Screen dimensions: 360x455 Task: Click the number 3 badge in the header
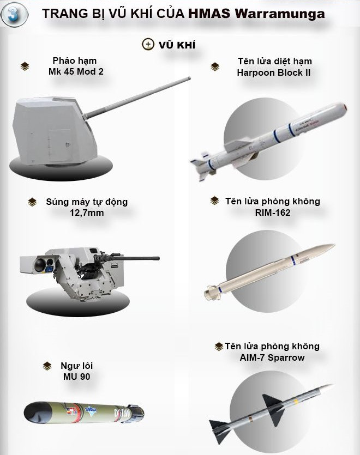14,14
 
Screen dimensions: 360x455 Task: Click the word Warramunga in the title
280,14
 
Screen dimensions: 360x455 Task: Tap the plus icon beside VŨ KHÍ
148,44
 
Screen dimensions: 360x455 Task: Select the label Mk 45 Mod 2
76,71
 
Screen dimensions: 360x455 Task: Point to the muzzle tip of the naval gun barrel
189,78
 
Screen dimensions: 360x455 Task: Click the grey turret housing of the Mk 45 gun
52,131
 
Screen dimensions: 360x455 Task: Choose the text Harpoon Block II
274,72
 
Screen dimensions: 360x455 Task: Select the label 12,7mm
87,213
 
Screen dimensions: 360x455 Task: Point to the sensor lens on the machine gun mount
40,264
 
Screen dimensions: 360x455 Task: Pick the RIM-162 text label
273,213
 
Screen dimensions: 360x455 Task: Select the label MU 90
77,377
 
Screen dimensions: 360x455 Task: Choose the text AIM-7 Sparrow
272,357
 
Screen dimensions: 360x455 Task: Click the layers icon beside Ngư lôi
47,366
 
